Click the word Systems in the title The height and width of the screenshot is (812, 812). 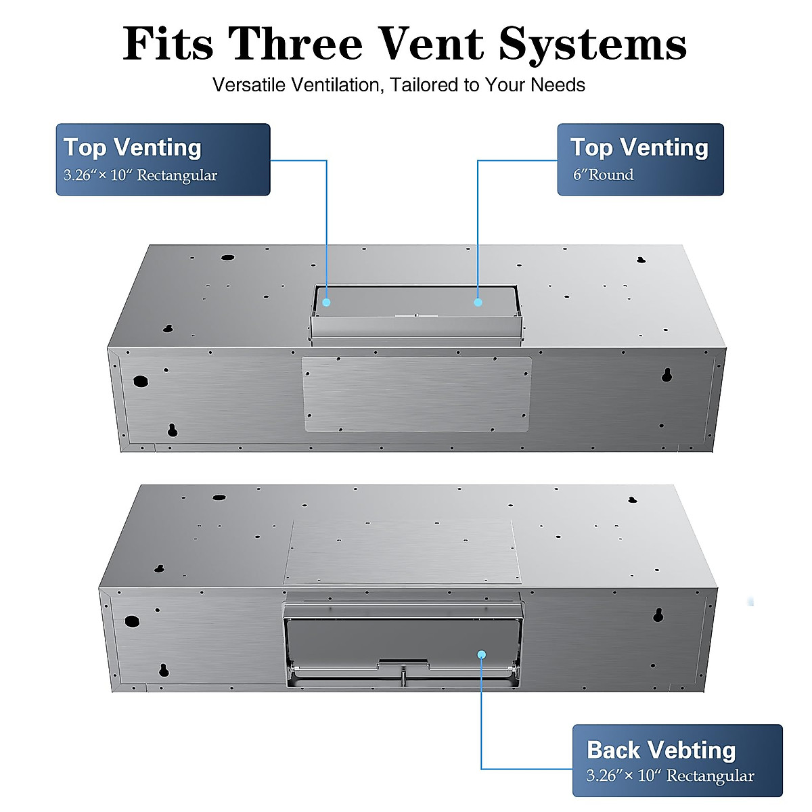(x=593, y=45)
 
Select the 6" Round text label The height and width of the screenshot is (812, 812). (x=604, y=175)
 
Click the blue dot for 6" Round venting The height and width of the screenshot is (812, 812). (x=478, y=302)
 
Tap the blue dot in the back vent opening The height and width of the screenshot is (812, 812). (x=481, y=654)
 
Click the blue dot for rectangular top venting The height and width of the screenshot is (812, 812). (x=326, y=302)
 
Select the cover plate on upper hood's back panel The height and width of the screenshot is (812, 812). (x=416, y=394)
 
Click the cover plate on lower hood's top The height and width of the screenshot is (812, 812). (x=403, y=551)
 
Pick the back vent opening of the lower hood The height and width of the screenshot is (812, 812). (x=403, y=639)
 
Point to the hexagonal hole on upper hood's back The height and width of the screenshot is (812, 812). (x=141, y=380)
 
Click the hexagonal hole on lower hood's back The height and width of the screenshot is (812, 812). (x=132, y=621)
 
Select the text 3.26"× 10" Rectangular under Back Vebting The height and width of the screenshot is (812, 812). (x=670, y=776)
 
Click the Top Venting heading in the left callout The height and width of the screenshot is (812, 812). (x=133, y=148)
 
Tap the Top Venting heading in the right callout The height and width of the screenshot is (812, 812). (x=639, y=148)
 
